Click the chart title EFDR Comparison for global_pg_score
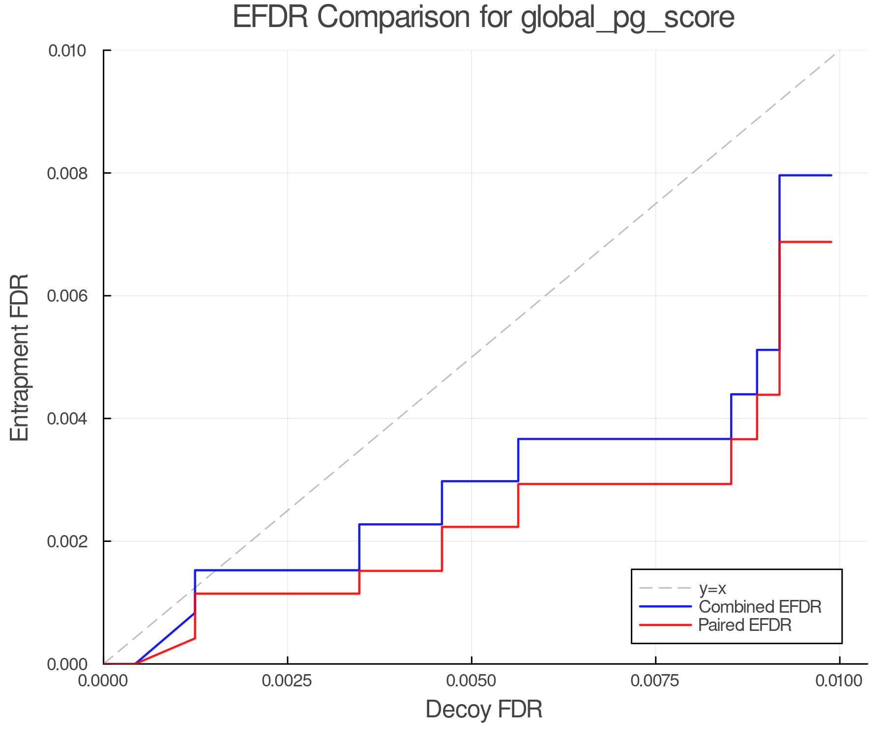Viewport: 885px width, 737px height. (x=483, y=18)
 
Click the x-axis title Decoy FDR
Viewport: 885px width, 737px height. (x=484, y=709)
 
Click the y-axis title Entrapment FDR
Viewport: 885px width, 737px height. (x=20, y=357)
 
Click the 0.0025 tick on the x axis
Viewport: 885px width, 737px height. (x=287, y=680)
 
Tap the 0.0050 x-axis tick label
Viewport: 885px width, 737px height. (x=472, y=680)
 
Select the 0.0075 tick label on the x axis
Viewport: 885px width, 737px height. (x=655, y=680)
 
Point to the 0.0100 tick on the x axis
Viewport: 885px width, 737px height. (x=839, y=680)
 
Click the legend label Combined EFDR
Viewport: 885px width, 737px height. (x=760, y=607)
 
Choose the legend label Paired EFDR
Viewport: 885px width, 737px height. (x=745, y=625)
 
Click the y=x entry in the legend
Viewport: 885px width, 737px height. (x=712, y=588)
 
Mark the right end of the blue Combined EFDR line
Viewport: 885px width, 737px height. (x=831, y=175)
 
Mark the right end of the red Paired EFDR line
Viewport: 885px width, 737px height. (x=831, y=242)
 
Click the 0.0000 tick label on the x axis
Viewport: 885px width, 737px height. (x=103, y=680)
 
